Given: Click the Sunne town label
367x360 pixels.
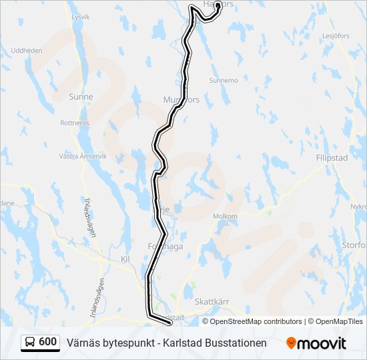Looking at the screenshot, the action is tap(81, 97).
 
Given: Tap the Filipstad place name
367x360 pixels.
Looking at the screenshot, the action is tap(332, 159).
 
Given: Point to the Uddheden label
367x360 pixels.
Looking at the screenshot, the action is tap(27, 51).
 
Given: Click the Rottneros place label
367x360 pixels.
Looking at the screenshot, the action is tap(75, 123).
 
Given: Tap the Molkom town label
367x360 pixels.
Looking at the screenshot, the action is tap(225, 216).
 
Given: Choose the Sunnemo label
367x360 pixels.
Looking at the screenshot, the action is tap(223, 81).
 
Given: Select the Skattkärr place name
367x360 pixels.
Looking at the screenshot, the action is tap(212, 301).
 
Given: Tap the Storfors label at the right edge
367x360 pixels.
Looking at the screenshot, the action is tap(354, 245).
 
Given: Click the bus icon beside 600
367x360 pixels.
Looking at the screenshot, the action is tap(30, 343).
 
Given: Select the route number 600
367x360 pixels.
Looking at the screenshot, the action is tap(47, 343).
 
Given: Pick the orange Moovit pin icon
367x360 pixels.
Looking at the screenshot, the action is tap(291, 343).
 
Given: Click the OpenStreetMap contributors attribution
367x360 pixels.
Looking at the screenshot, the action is tap(256, 321).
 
